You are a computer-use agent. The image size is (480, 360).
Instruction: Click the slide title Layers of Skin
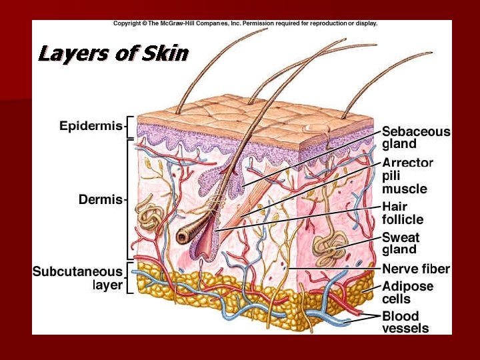(x=113, y=53)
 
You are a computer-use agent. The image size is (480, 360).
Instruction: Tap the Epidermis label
(x=91, y=126)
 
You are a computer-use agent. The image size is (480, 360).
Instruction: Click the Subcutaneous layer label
(x=78, y=278)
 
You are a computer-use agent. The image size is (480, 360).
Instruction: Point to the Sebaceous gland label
(x=415, y=137)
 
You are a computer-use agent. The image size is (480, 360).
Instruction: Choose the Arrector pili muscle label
(x=407, y=175)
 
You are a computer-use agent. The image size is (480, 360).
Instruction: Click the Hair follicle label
(x=402, y=213)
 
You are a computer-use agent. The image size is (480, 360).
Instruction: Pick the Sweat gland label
(x=400, y=243)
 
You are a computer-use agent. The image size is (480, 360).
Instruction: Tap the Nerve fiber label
(x=415, y=269)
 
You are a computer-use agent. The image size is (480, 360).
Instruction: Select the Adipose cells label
(x=407, y=293)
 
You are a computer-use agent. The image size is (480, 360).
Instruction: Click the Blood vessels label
(x=405, y=321)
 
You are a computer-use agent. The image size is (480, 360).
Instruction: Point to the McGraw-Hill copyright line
(x=245, y=23)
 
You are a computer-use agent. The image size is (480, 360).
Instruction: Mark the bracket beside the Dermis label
(x=129, y=199)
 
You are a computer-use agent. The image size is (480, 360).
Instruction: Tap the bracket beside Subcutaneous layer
(x=129, y=278)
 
